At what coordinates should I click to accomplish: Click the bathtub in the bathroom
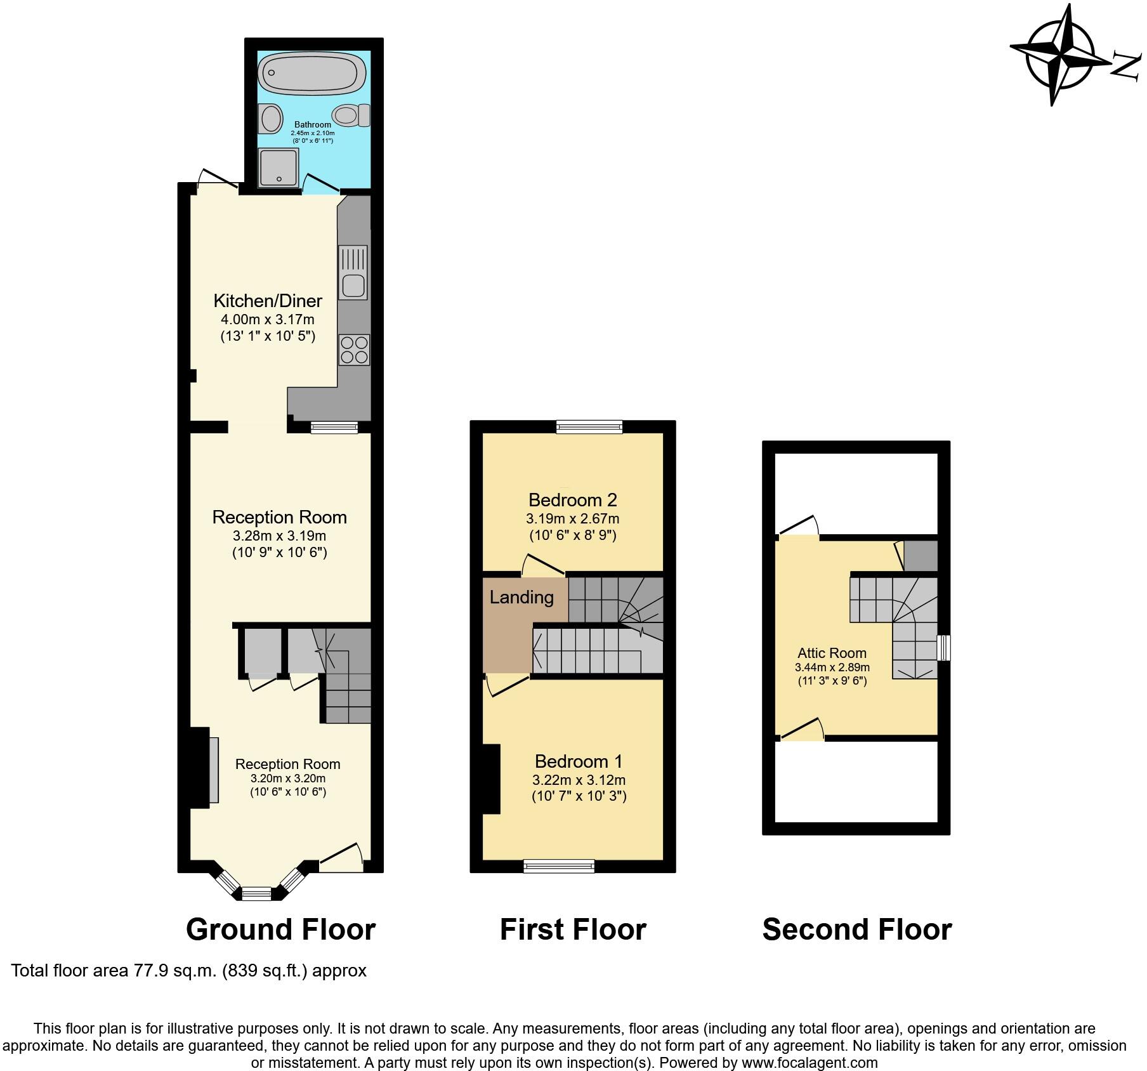(312, 74)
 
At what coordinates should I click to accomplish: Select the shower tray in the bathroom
(278, 168)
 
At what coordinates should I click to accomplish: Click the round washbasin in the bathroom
(272, 119)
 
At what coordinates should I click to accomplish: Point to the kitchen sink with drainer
(353, 272)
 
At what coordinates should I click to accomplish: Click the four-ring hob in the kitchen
(354, 350)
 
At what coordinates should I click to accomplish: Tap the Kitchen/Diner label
(268, 301)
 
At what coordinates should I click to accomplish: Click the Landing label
(521, 597)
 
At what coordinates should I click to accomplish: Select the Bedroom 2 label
(572, 500)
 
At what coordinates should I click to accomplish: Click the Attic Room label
(832, 653)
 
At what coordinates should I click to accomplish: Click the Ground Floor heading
(280, 930)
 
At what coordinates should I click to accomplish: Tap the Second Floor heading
(856, 930)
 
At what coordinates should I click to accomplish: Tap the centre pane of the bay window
(256, 894)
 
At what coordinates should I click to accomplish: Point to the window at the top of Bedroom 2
(589, 427)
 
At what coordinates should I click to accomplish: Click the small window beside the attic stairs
(944, 648)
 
